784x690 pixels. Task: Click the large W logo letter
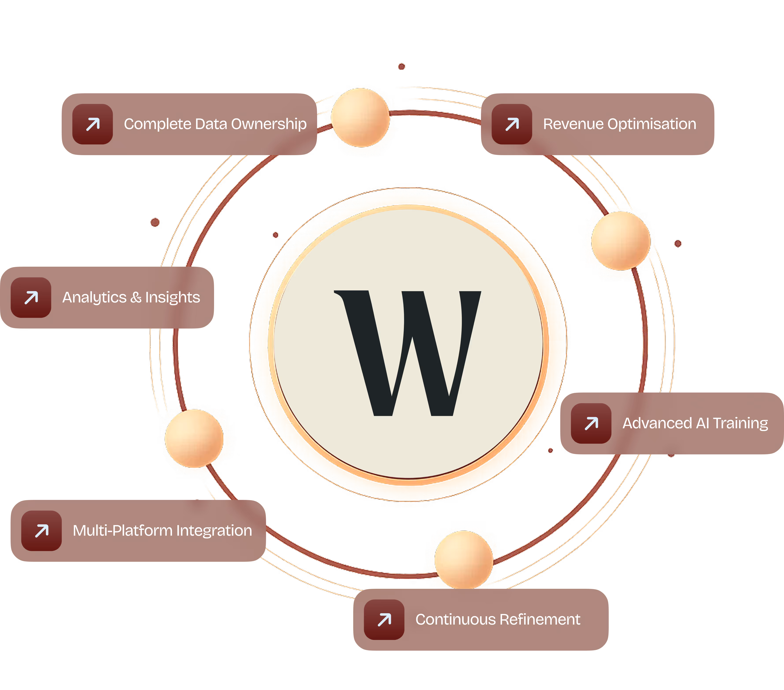click(x=408, y=352)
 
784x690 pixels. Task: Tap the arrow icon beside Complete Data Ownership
click(x=92, y=124)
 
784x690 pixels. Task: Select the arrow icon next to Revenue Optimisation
click(x=512, y=124)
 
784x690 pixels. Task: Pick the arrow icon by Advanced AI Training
click(x=591, y=423)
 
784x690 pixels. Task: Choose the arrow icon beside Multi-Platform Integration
click(x=41, y=531)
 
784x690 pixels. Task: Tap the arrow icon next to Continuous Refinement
click(x=384, y=620)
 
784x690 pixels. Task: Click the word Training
click(x=740, y=423)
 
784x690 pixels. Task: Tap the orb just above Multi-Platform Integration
click(x=194, y=438)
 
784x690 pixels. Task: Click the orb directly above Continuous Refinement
click(x=463, y=559)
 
